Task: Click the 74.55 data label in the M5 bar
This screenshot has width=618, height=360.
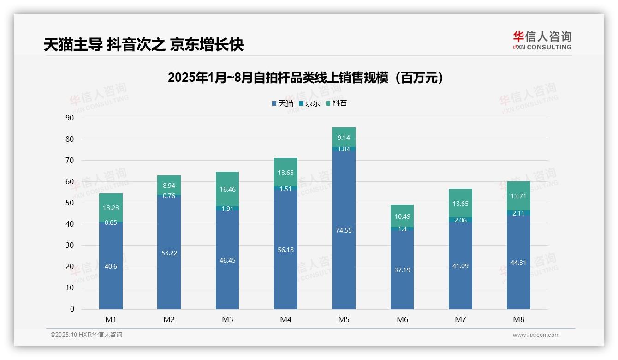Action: click(x=344, y=230)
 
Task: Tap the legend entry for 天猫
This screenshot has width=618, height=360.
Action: click(x=282, y=103)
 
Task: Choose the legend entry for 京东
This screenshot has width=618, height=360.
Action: click(x=309, y=103)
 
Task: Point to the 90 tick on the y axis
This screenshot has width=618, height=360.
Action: click(x=70, y=118)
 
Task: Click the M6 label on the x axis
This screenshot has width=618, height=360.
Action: click(x=402, y=319)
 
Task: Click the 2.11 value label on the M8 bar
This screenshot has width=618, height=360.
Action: click(x=518, y=213)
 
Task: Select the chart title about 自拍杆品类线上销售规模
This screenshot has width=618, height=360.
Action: click(x=305, y=78)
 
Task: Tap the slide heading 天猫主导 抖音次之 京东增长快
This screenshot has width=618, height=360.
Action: click(x=143, y=45)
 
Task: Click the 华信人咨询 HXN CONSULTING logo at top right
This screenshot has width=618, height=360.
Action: click(x=542, y=40)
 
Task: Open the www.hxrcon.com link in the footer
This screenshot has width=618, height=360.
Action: click(x=535, y=335)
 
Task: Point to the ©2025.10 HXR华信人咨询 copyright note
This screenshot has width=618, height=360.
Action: click(x=86, y=335)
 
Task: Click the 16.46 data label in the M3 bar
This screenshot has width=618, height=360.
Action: click(x=227, y=189)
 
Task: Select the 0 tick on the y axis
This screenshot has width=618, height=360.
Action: click(x=72, y=309)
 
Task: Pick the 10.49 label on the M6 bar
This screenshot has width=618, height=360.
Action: click(x=402, y=216)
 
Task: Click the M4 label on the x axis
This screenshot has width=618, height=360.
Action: click(x=285, y=319)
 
